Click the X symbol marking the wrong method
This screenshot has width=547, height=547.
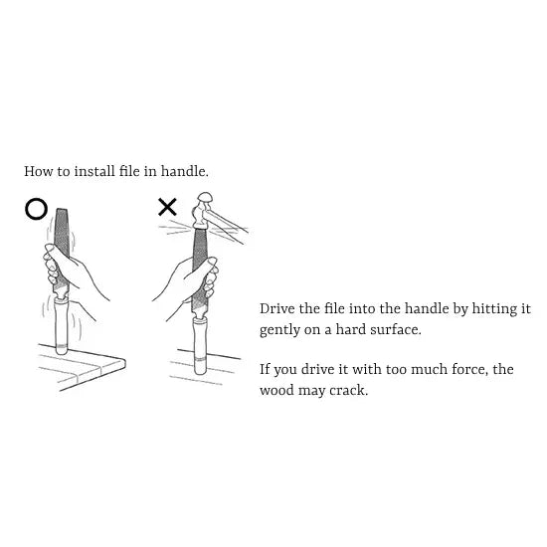(x=167, y=207)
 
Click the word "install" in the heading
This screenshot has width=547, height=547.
(x=94, y=171)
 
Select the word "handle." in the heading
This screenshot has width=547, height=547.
(x=185, y=171)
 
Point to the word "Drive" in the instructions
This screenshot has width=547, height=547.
(x=277, y=308)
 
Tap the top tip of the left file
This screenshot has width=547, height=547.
(x=61, y=209)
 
